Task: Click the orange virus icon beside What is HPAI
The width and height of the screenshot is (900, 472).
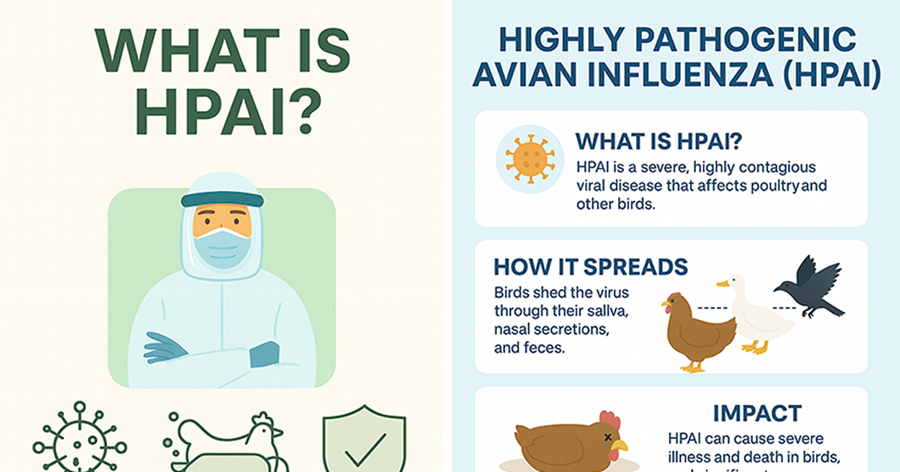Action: coord(530,159)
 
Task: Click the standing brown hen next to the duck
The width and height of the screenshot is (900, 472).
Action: coord(697,330)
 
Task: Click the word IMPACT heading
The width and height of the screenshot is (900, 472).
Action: coord(757,413)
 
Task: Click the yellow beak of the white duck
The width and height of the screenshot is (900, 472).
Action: coord(722,284)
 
